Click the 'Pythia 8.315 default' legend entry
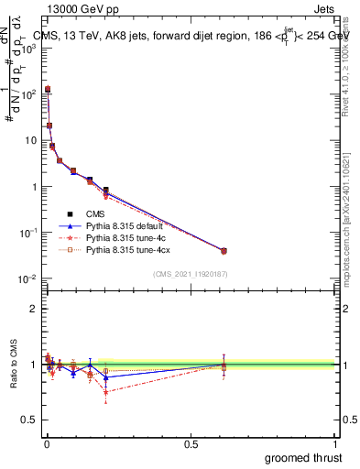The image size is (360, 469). (128, 225)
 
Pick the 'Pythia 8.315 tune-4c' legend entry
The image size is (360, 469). (128, 237)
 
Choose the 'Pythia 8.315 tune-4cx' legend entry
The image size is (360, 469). (130, 249)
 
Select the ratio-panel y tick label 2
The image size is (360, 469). (33, 309)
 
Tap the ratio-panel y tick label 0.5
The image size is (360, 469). (28, 420)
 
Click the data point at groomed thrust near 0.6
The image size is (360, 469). (224, 250)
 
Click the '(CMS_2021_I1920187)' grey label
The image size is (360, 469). (190, 273)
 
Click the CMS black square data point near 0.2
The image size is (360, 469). (106, 191)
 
